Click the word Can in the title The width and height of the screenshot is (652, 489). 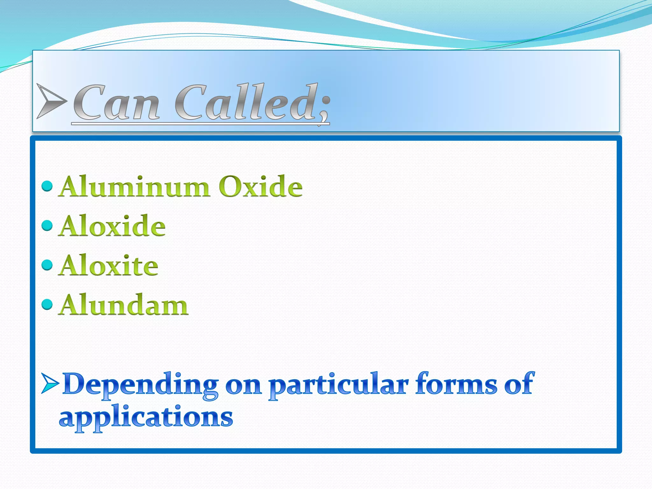(x=116, y=103)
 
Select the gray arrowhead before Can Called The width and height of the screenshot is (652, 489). (x=51, y=101)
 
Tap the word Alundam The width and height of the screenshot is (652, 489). (x=124, y=305)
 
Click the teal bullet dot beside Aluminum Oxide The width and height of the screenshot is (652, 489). (x=47, y=186)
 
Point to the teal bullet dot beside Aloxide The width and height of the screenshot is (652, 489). (x=47, y=225)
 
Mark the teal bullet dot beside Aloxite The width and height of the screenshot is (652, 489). (x=47, y=265)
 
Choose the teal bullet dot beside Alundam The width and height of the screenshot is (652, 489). (x=47, y=304)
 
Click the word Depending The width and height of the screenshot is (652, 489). (x=140, y=385)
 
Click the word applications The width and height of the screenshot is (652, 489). (x=146, y=418)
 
